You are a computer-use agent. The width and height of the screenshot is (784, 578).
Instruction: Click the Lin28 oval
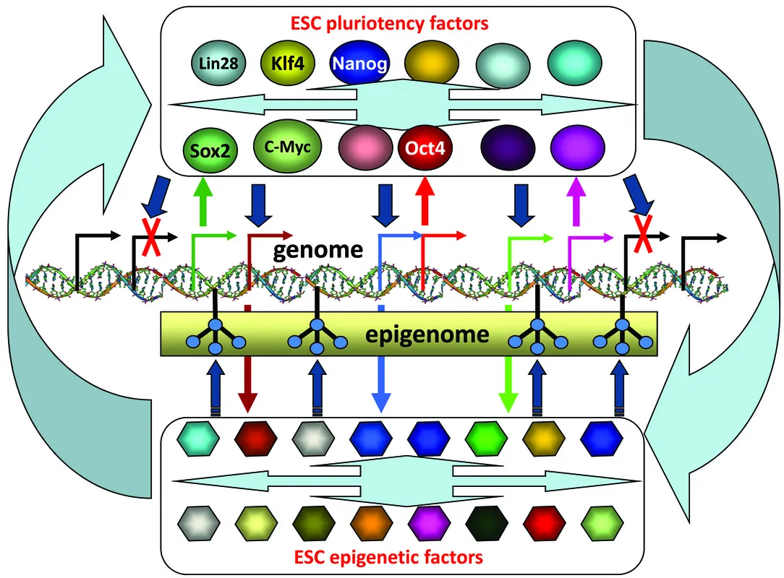218,64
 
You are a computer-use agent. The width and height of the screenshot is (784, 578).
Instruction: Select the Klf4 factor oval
288,64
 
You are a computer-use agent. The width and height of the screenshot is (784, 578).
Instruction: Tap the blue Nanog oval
359,64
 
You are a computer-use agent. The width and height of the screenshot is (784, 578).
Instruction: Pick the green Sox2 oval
210,150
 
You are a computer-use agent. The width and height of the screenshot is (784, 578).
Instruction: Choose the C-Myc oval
288,147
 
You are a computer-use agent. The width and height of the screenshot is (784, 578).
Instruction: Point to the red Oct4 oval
425,148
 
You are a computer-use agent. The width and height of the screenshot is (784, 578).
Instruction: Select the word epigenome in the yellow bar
427,335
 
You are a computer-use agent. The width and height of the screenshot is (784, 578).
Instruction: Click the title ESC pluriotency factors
390,23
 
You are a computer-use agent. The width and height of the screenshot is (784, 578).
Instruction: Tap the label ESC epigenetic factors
388,556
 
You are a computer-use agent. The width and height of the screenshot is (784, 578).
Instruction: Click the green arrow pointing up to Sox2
203,195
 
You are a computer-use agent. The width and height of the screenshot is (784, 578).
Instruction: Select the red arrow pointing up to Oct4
425,199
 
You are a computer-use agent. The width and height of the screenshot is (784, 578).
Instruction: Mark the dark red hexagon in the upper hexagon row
255,439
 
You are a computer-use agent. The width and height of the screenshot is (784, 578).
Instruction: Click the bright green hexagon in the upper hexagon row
486,439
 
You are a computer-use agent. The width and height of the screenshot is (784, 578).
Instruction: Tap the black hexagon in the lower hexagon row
486,523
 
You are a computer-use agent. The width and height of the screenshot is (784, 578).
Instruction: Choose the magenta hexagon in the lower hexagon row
428,523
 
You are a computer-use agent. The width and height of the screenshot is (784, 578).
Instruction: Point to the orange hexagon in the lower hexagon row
371,523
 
